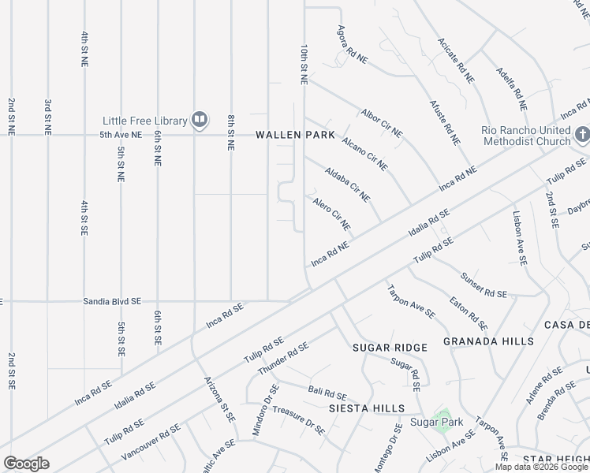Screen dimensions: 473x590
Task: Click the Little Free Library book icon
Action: (200, 121)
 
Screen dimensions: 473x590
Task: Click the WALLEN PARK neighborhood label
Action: (295, 135)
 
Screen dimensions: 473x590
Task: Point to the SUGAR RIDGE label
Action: (390, 347)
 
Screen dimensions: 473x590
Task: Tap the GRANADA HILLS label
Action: (488, 341)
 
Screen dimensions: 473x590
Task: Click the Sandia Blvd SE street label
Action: (112, 301)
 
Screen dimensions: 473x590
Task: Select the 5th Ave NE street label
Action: (120, 135)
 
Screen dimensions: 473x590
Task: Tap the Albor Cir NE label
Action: (382, 122)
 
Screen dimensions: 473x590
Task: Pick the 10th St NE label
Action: (302, 65)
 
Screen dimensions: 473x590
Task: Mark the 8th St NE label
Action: (231, 132)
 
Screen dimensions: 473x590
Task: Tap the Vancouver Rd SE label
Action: (151, 443)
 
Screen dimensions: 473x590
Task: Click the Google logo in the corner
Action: (27, 463)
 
